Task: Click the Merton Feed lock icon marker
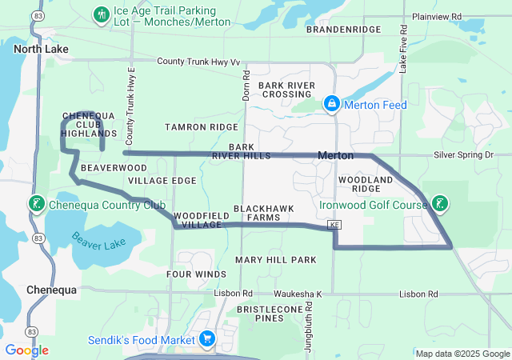(x=331, y=105)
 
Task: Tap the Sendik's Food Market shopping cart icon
(x=207, y=338)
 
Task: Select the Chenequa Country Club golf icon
(x=36, y=204)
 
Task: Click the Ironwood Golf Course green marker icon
(x=439, y=204)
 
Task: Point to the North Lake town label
(x=41, y=49)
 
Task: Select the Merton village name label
(x=336, y=154)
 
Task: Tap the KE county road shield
(x=334, y=227)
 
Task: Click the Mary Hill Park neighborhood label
(x=275, y=260)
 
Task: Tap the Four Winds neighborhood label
(x=196, y=274)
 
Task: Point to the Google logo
(x=26, y=350)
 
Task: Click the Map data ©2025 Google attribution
(x=462, y=354)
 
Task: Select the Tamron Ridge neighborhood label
(x=201, y=127)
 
